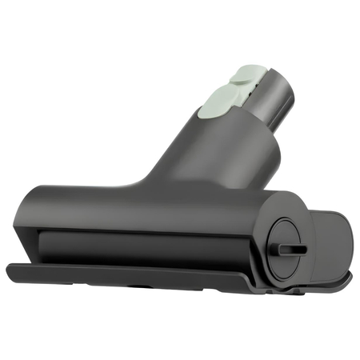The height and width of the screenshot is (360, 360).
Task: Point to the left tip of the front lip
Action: (x=10, y=270)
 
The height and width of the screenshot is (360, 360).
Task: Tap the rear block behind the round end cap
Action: (x=328, y=240)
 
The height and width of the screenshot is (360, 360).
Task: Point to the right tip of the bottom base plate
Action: (x=349, y=280)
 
